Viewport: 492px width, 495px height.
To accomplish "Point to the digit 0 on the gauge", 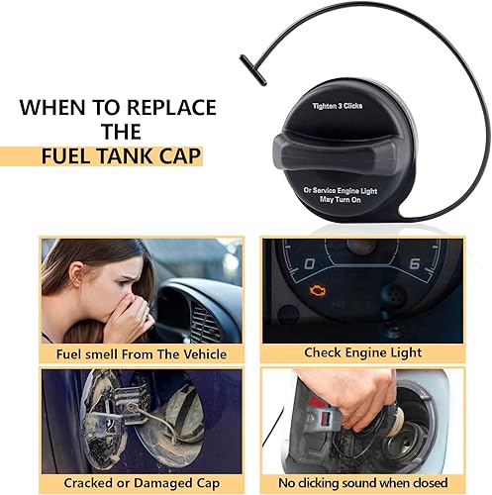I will coord(310,263).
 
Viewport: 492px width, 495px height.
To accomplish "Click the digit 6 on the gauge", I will coord(415,263).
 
